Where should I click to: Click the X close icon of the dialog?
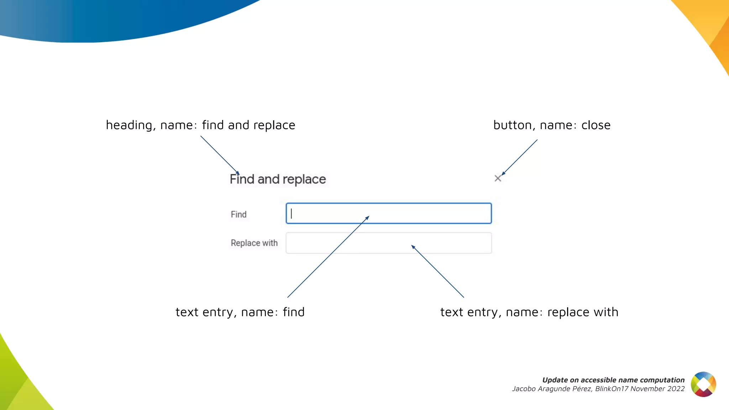tap(498, 178)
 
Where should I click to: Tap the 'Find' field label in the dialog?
tap(238, 214)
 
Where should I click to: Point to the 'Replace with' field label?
tap(254, 243)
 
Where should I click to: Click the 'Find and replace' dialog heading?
tap(278, 179)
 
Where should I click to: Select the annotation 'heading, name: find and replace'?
tap(200, 125)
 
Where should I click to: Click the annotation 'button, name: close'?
tap(552, 125)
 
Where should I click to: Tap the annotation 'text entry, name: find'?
tap(240, 312)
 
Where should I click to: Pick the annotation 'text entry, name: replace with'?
tap(529, 312)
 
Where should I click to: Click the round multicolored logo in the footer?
tap(703, 384)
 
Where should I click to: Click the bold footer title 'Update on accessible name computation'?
tap(613, 380)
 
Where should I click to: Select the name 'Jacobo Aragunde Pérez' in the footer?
tap(552, 389)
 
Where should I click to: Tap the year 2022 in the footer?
tap(676, 389)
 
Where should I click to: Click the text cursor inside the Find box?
tap(291, 213)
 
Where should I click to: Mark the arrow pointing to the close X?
tap(519, 157)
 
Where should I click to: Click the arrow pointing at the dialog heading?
tap(220, 155)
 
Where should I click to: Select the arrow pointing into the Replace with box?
tap(437, 271)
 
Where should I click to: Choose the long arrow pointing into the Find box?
tap(328, 257)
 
